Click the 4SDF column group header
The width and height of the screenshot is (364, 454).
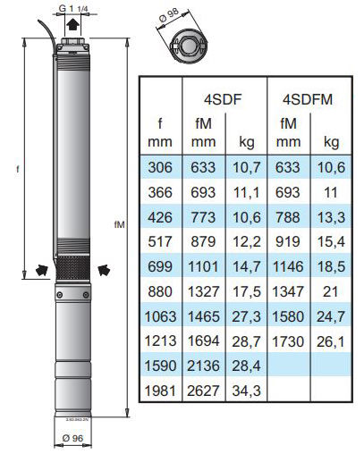click(x=223, y=99)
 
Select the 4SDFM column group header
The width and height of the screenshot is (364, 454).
click(x=308, y=99)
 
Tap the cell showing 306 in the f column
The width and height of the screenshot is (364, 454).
click(x=160, y=167)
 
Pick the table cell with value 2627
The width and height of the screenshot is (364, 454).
click(x=203, y=391)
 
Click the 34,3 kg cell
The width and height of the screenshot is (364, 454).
click(x=246, y=391)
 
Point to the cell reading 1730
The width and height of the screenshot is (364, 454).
click(x=288, y=341)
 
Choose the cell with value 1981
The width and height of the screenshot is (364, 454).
click(x=160, y=391)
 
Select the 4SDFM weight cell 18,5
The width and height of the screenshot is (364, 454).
click(x=331, y=266)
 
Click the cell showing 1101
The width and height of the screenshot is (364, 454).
click(x=203, y=266)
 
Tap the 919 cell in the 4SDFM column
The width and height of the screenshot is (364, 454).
click(x=288, y=241)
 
